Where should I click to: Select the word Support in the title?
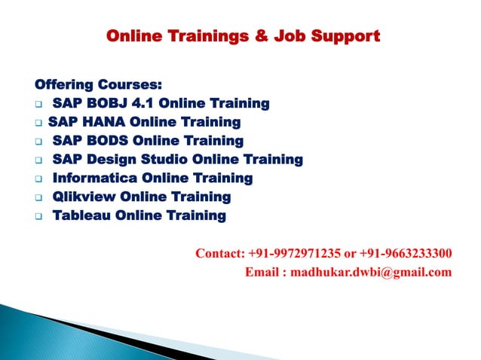point(346,35)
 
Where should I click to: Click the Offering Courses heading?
point(97,84)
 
